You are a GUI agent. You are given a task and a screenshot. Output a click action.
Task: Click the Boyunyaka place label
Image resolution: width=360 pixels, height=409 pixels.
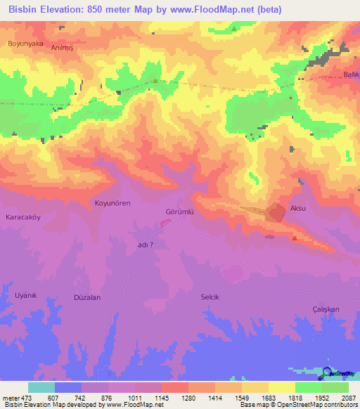25,44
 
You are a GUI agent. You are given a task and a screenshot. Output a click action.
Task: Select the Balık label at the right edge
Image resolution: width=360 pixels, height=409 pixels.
351,74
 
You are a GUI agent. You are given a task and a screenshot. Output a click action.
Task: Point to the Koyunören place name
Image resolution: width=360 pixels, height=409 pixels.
112,203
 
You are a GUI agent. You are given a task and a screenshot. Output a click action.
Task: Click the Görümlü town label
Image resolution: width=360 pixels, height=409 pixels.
179,211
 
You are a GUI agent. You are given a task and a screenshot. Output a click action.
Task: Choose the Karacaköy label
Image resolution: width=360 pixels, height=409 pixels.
24,217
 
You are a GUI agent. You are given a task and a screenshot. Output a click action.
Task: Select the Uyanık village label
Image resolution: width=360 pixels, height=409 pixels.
25,295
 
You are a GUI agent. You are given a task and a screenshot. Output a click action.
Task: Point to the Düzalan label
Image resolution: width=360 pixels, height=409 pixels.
88,298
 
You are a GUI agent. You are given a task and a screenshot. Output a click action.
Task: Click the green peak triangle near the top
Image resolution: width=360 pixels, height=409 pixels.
155,81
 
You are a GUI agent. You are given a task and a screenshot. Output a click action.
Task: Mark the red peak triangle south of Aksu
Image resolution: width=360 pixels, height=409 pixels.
294,238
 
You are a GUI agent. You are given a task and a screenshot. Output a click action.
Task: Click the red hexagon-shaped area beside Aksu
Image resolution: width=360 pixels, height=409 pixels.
276,213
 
